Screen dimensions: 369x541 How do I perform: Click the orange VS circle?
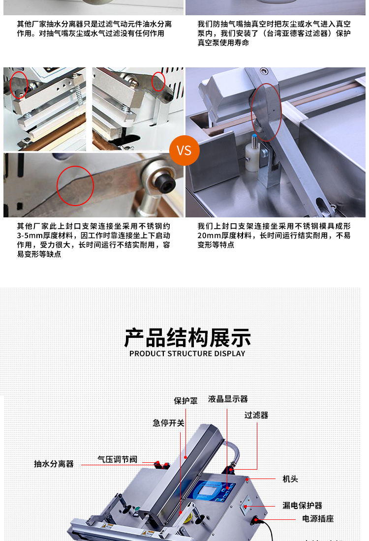pyautogui.click(x=184, y=150)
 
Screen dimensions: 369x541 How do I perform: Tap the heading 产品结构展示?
pyautogui.click(x=187, y=338)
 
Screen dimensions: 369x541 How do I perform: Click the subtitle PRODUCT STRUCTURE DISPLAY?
pyautogui.click(x=187, y=354)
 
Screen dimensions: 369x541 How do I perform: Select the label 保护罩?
pyautogui.click(x=185, y=400)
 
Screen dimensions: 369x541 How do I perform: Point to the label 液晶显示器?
pyautogui.click(x=228, y=399)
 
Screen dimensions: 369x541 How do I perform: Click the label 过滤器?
pyautogui.click(x=256, y=415)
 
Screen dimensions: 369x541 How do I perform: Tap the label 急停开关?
pyautogui.click(x=168, y=423)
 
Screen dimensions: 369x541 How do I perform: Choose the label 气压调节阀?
pyautogui.click(x=118, y=459)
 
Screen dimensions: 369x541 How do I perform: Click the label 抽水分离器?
pyautogui.click(x=54, y=464)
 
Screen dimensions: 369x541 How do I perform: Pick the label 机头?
pyautogui.click(x=290, y=479)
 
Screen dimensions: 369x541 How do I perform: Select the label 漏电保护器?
pyautogui.click(x=303, y=506)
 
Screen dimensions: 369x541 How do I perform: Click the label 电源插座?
pyautogui.click(x=318, y=518)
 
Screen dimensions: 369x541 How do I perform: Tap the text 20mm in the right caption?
pyautogui.click(x=209, y=235)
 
